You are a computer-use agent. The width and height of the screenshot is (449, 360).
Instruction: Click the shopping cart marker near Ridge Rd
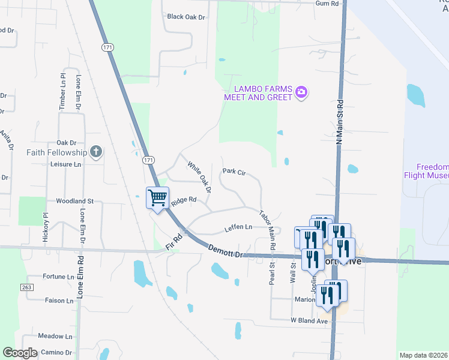[x=157, y=197]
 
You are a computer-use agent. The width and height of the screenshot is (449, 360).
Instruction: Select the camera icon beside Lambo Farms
[x=301, y=92]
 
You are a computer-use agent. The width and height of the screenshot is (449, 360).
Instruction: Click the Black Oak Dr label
[x=186, y=17]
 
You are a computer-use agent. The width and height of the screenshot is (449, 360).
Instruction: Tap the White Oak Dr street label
[x=199, y=176]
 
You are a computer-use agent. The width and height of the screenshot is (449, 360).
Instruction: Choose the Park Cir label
[x=234, y=172]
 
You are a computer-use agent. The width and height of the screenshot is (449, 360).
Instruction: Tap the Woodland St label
[x=75, y=201]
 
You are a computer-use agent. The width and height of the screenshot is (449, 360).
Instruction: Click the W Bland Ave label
[x=309, y=321]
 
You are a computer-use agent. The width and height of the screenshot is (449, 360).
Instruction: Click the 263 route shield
[x=26, y=288]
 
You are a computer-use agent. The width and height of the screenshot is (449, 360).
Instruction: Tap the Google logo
[x=20, y=353]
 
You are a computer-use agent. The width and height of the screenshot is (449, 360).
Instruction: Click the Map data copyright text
[x=423, y=355]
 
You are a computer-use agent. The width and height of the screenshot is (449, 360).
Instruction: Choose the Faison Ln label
[x=59, y=300]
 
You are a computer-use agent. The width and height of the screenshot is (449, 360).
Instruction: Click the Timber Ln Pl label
[x=62, y=92]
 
